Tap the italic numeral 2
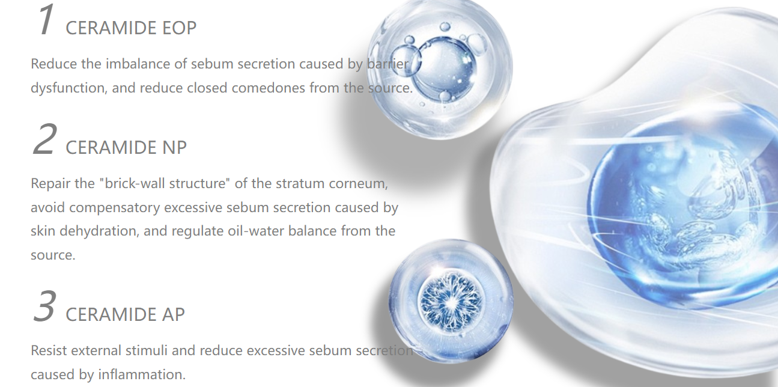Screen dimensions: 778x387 point(44,139)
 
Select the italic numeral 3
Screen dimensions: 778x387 point(44,306)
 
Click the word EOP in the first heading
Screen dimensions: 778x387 point(179,28)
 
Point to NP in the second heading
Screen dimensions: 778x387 point(174,148)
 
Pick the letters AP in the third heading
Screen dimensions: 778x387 point(173,315)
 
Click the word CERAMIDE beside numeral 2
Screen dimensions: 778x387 point(111,148)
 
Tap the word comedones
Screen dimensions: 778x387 point(269,88)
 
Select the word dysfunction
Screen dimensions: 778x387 point(68,88)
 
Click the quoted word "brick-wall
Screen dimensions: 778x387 point(132,183)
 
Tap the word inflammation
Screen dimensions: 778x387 point(142,374)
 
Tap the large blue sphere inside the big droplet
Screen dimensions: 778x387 point(681,212)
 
